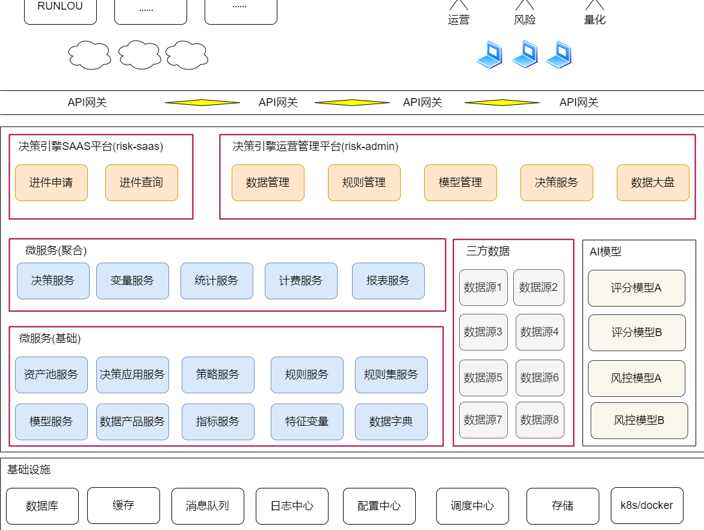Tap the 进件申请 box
coord(51,182)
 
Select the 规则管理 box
coord(364,182)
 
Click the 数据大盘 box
coord(653,182)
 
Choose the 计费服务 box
coord(301,281)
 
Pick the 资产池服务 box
coord(51,375)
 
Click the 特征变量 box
coord(307,422)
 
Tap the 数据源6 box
coord(540,378)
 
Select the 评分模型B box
coord(637,332)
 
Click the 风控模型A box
coord(637,378)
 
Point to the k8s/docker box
coord(647,506)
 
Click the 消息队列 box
coord(208,506)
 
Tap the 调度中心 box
coord(472,506)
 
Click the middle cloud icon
coord(140,55)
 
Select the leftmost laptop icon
coord(489,54)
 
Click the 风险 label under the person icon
coord(525,20)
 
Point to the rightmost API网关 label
coord(579,102)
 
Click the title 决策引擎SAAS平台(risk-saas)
coord(91,146)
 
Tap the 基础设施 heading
coord(29,470)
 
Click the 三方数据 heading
coord(488,251)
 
